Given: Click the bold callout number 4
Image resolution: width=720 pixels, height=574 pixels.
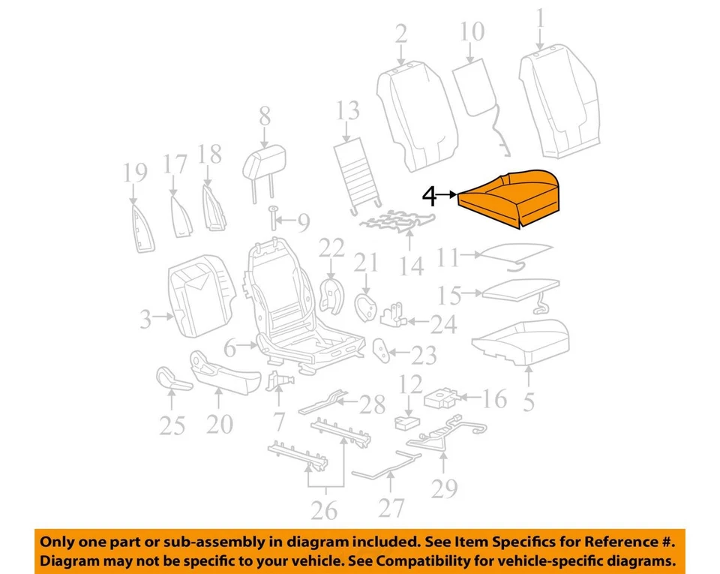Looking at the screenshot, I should click(x=428, y=197).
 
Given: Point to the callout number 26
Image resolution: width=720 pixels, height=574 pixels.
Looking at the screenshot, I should click(x=324, y=510).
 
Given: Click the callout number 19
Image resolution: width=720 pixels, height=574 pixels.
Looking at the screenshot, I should click(x=136, y=174).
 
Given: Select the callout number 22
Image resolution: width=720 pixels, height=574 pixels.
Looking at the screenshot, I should click(x=331, y=248).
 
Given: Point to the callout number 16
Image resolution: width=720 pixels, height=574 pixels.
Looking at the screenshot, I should click(x=494, y=398).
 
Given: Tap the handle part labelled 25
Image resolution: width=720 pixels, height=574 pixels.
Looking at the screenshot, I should click(x=172, y=380).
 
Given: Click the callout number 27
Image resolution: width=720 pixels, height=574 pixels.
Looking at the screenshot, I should click(x=391, y=508).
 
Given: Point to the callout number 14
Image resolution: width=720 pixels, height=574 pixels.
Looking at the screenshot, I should click(x=411, y=265).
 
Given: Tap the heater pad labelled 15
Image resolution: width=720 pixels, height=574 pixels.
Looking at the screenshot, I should click(x=517, y=289).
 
